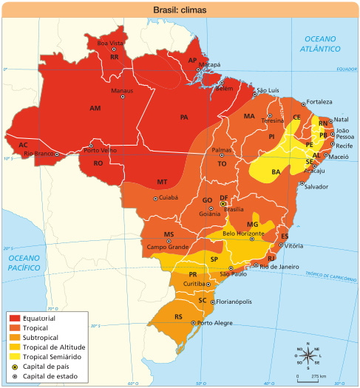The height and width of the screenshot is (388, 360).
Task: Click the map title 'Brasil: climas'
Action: click(180, 10)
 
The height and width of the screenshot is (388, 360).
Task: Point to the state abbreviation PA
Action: click(184, 117)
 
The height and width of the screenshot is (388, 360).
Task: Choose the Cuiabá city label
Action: click(169, 198)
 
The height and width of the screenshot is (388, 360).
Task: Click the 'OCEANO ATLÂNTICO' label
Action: click(319, 43)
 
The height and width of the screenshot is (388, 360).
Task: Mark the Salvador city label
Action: click(316, 186)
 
